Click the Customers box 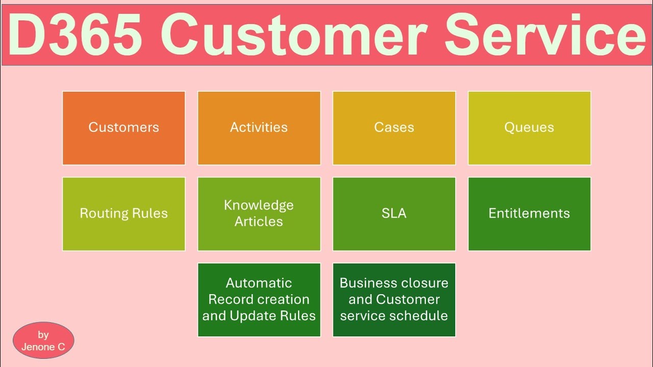[123, 128]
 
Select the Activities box [259, 128]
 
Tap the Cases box [394, 128]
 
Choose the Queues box [529, 128]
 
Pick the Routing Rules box [123, 214]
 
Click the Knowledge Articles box [259, 214]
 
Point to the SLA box [394, 214]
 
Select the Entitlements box [529, 214]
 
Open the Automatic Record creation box [259, 300]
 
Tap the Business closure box [394, 300]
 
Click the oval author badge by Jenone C [43, 340]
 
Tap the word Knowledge [259, 205]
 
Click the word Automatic [259, 283]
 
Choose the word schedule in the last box [420, 316]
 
